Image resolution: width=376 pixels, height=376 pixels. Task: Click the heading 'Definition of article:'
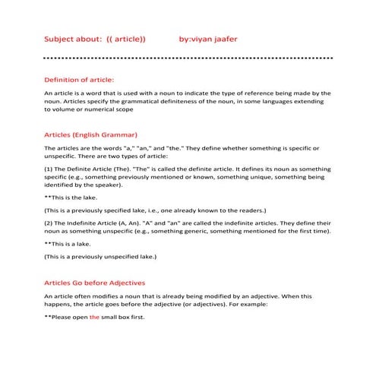click(80, 80)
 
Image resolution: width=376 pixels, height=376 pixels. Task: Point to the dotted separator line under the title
click(188, 58)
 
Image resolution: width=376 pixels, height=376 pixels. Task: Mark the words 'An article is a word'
click(76, 93)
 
